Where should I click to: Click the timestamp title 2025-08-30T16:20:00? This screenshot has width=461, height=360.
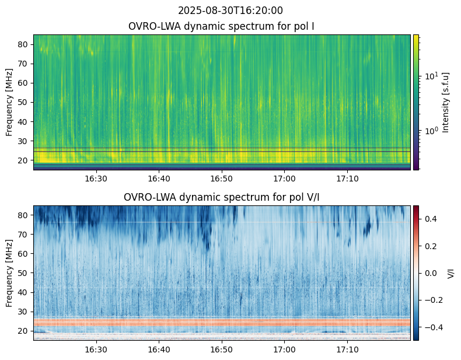click(x=230, y=11)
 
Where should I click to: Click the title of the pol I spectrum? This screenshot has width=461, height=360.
click(x=221, y=26)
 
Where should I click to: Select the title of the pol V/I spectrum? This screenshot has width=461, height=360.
click(x=221, y=197)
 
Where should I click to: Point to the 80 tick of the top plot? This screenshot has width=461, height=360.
click(x=23, y=45)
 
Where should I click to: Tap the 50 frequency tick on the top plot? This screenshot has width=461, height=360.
click(x=23, y=103)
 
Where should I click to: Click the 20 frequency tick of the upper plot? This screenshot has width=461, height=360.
click(x=23, y=160)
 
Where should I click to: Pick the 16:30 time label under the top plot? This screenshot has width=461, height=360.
click(x=96, y=179)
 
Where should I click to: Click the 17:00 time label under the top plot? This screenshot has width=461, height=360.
click(x=285, y=179)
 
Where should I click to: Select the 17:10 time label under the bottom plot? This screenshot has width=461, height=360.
click(x=348, y=349)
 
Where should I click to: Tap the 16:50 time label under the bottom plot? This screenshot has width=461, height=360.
click(x=222, y=349)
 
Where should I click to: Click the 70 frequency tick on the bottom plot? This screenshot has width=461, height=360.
click(x=23, y=235)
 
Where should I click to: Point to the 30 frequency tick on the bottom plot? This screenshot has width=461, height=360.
click(x=23, y=312)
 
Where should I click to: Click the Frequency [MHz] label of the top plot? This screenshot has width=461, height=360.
click(x=9, y=103)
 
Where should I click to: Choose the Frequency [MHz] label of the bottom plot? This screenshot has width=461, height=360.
click(x=9, y=273)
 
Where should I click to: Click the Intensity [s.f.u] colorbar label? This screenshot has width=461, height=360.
click(x=446, y=103)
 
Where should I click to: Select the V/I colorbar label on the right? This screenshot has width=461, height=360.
click(x=450, y=273)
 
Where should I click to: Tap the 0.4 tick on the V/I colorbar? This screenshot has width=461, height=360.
click(x=431, y=219)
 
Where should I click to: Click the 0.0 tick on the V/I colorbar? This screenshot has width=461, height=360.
click(x=431, y=273)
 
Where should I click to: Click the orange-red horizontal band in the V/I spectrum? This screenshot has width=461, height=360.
click(x=222, y=323)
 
